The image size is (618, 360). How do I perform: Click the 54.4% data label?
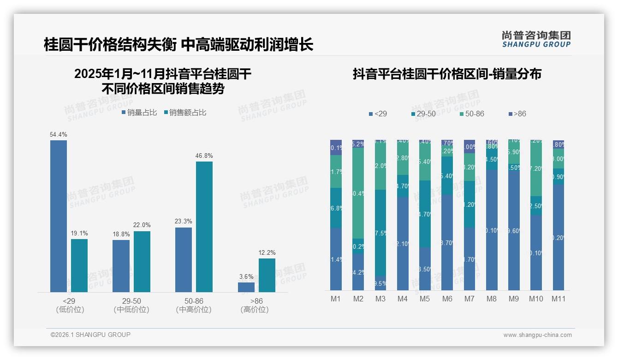click(x=59, y=134)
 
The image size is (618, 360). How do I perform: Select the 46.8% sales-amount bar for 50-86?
click(x=204, y=226)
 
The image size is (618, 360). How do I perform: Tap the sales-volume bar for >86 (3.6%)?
click(x=246, y=287)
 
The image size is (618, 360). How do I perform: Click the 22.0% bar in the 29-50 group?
click(x=142, y=261)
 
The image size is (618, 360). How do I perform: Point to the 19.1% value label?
click(x=79, y=233)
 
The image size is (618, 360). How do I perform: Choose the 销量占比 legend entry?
click(x=139, y=113)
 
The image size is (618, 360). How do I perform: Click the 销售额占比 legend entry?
click(x=185, y=113)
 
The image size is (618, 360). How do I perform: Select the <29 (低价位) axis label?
click(x=70, y=305)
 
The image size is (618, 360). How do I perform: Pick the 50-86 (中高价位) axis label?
click(x=194, y=305)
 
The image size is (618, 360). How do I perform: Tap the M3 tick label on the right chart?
click(x=380, y=299)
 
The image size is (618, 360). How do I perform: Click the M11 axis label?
click(x=559, y=299)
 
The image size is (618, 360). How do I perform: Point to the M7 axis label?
click(x=469, y=299)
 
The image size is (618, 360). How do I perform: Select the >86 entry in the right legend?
click(x=517, y=114)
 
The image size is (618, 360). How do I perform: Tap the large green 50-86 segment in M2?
click(x=358, y=193)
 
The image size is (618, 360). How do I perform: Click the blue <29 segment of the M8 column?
click(x=492, y=230)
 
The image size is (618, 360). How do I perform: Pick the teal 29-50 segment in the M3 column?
click(x=380, y=233)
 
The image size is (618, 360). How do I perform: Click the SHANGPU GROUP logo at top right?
click(x=536, y=39)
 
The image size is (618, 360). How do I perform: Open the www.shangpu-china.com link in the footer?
click(x=537, y=335)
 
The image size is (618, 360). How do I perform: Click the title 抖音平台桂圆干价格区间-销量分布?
click(x=447, y=74)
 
